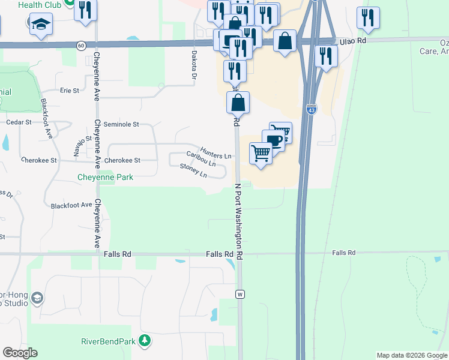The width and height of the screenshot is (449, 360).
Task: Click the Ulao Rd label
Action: [x=352, y=40]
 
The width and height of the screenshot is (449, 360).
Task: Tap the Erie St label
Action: [x=70, y=91]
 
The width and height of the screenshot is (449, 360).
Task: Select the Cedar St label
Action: [x=18, y=122]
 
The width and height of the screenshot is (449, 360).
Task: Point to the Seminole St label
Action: [x=121, y=125]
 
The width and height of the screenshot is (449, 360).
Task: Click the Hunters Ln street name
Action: [x=215, y=155]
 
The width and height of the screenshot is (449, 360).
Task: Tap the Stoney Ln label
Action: [x=193, y=171]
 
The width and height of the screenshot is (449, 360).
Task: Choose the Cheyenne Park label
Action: [x=105, y=178]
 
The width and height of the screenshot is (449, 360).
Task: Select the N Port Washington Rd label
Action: [x=240, y=220]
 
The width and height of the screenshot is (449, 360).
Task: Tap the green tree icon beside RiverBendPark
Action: [x=144, y=341]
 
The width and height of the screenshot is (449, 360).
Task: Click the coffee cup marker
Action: [x=273, y=141]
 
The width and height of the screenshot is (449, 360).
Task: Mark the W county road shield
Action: [x=240, y=294]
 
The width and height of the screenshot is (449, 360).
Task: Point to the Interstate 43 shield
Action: [x=310, y=110]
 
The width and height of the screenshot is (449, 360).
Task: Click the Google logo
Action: [x=20, y=353]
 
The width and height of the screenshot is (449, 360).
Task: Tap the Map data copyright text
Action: [x=411, y=355]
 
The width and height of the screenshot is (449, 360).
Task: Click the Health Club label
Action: [x=40, y=5]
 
